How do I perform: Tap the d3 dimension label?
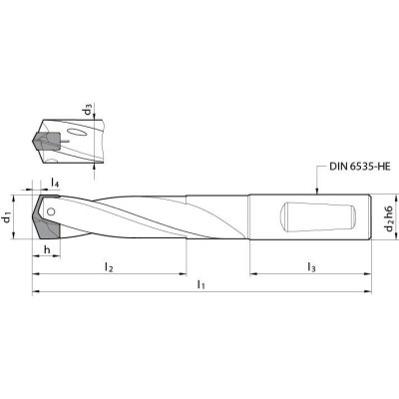pos(88,110)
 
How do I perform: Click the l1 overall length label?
pos(200,284)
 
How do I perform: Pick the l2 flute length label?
pos(109,266)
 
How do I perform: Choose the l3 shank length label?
pos(311,266)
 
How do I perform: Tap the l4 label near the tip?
pos(55,183)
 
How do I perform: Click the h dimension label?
pos(47,249)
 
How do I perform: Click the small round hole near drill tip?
pos(51,211)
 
